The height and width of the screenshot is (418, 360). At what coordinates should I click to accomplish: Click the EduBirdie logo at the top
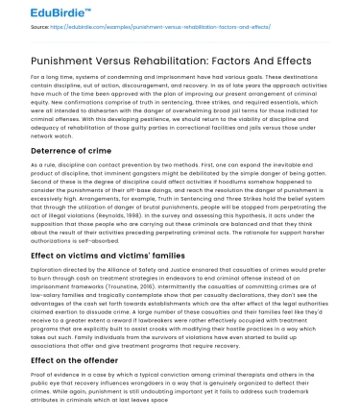(x=44, y=12)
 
